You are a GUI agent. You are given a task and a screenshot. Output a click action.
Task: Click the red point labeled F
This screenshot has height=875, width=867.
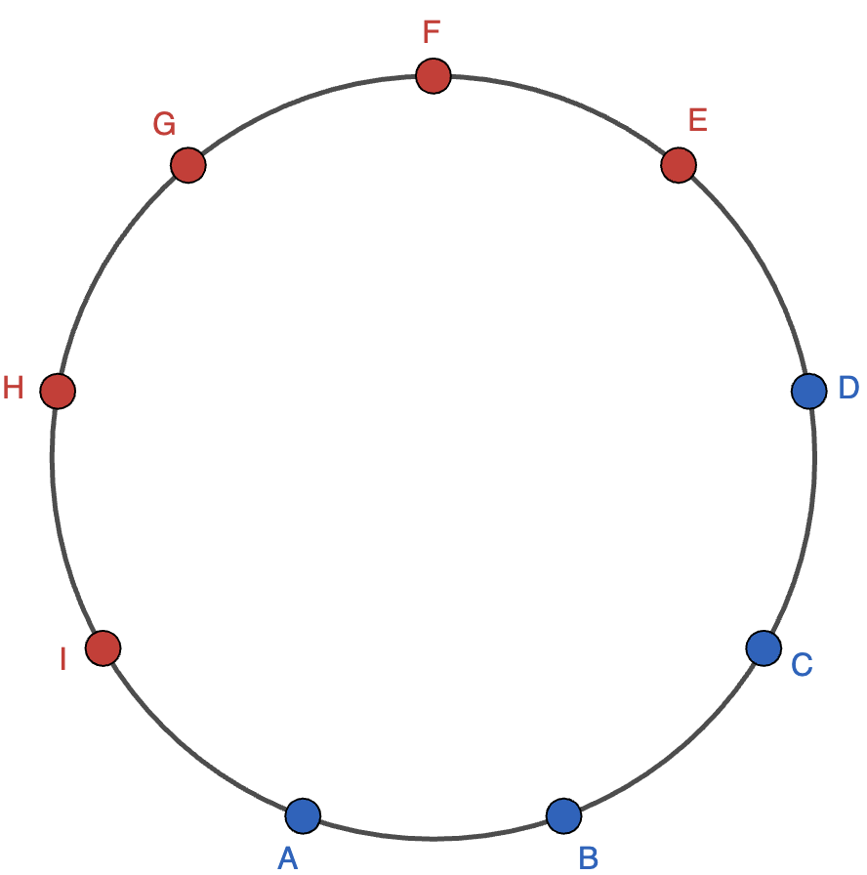433,75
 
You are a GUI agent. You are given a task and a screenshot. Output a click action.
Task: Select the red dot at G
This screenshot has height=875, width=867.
187,165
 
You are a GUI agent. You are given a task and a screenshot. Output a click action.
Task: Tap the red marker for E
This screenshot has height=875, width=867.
678,165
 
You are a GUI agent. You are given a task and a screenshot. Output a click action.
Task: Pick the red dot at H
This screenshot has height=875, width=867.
58,391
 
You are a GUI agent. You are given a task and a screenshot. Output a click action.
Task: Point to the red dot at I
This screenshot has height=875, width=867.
103,647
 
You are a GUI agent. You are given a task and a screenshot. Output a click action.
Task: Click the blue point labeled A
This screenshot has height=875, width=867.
303,814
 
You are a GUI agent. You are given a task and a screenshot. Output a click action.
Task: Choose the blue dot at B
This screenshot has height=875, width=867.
563,814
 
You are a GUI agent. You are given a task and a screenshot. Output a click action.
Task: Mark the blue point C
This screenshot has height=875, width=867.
763,646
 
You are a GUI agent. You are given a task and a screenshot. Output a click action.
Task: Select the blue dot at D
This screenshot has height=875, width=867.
807,391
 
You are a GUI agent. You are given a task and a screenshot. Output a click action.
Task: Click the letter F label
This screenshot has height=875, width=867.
432,32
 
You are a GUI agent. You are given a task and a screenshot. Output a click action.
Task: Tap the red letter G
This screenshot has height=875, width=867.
164,124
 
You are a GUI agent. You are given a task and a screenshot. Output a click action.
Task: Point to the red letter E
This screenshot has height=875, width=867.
697,120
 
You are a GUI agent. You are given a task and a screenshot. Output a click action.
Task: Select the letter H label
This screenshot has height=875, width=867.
13,389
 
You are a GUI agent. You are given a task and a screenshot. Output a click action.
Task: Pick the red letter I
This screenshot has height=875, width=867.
62,660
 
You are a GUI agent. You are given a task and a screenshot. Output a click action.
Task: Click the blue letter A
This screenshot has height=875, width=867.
287,857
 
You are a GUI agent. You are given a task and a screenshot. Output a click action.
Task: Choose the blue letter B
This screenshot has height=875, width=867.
588,857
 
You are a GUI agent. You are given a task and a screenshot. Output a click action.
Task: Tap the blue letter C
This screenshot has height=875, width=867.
802,665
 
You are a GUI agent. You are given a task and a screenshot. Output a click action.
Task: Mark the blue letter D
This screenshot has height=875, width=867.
848,388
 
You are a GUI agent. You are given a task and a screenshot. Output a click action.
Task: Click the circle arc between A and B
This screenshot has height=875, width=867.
433,837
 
